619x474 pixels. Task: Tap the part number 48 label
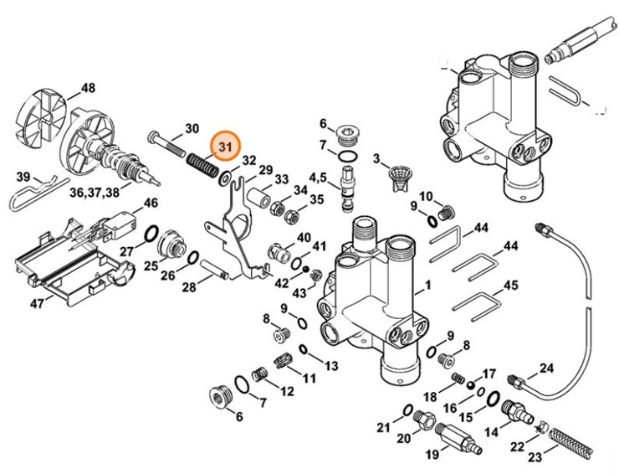[x=88, y=88]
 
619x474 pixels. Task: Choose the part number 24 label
[x=546, y=368]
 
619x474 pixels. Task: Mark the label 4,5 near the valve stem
[x=318, y=178]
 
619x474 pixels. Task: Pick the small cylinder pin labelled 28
[x=215, y=271]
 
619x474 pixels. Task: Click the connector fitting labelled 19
[x=453, y=436]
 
